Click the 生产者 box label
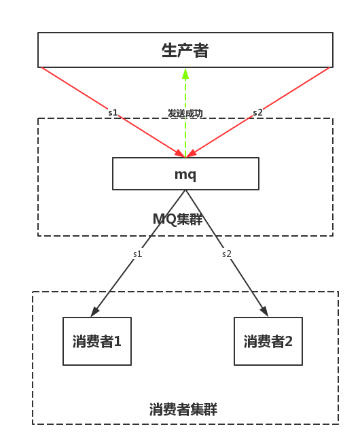(185, 50)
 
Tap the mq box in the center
(185, 173)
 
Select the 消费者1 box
(97, 341)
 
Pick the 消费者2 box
(268, 341)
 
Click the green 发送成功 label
(185, 114)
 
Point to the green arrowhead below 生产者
(185, 73)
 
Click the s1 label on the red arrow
(113, 112)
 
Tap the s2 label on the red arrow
(257, 112)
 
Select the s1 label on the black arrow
(137, 254)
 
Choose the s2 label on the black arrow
(227, 254)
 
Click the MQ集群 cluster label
(177, 220)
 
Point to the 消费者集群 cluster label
(183, 409)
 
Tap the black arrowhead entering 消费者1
(94, 311)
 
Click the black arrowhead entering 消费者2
(264, 311)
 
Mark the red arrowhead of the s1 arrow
(180, 154)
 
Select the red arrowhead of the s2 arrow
(192, 154)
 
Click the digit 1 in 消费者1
(118, 341)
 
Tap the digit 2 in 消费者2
(289, 341)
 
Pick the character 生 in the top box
(169, 50)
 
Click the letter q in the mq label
(192, 175)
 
